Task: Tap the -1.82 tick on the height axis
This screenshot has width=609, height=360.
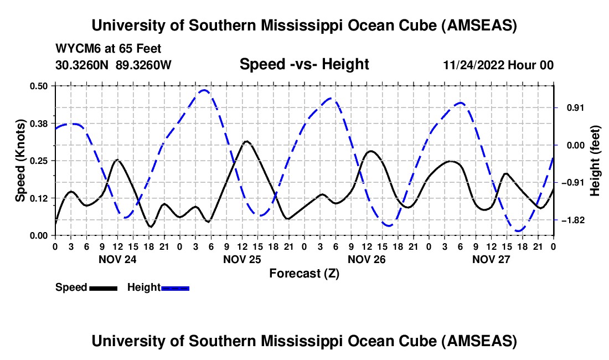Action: tap(570, 220)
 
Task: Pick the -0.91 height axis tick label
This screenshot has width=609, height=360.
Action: tap(570, 183)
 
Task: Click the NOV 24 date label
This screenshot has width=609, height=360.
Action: tap(117, 259)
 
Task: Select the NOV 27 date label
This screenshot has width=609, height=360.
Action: tap(491, 259)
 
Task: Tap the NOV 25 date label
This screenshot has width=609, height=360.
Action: tap(242, 259)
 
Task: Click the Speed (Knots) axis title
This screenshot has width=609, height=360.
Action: tap(20, 160)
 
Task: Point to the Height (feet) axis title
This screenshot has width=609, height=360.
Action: tap(595, 160)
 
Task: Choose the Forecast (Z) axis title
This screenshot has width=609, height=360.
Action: tap(304, 273)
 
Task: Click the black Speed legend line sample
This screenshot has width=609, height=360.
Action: tap(103, 288)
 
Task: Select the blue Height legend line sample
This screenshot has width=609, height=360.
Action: tap(175, 288)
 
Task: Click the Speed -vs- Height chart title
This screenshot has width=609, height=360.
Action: tap(304, 65)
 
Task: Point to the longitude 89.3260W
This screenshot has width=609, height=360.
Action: tap(144, 65)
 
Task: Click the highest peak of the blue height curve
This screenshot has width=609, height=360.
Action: tap(205, 90)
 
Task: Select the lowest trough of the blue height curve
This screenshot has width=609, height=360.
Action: tap(518, 230)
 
